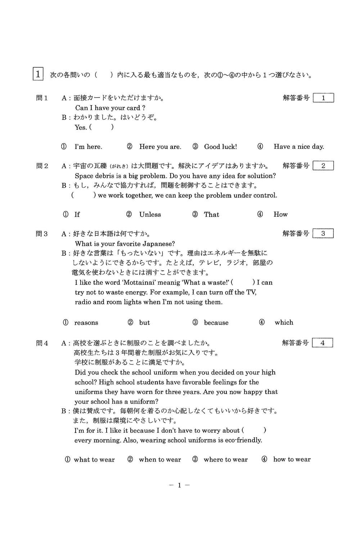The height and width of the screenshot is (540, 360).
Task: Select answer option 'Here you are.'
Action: pos(160,147)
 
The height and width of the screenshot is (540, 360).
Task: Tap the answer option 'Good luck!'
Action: pos(220,147)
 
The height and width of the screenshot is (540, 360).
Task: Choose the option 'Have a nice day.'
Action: pos(298,147)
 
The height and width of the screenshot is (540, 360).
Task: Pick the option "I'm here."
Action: pos(88,147)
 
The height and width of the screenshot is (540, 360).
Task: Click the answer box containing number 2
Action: pos(323,166)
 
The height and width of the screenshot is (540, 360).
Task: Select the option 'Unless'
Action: pos(150,215)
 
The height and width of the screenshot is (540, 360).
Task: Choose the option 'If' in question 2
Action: pos(77,215)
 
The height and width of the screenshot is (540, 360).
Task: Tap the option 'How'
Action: pos(280,215)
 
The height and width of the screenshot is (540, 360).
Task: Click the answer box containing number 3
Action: pos(323,234)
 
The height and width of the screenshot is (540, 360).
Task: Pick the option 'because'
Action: pos(216,323)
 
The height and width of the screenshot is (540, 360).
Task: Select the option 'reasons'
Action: pos(86,323)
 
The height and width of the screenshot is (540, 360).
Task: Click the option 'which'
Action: pos(284,323)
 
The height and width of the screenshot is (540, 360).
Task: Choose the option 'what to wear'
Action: pos(94,459)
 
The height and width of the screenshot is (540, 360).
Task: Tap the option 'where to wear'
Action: pos(225,459)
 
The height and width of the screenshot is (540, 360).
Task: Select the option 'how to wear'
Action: pos(292,459)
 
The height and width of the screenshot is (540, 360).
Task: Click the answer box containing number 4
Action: pos(322,343)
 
